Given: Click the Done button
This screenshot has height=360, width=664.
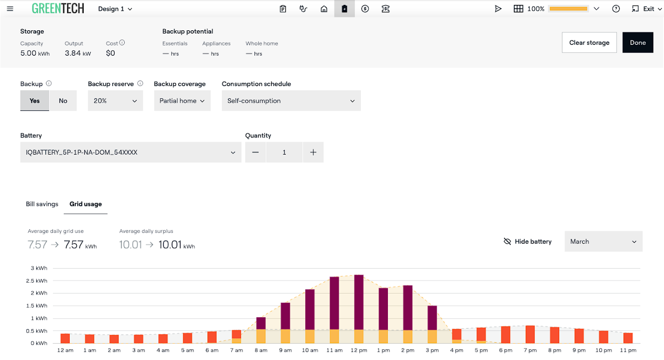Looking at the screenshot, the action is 638,42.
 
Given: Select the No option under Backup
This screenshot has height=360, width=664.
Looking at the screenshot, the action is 63,101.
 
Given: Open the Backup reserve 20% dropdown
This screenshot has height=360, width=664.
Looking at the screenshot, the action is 115,101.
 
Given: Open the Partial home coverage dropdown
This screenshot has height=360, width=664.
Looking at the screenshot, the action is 182,101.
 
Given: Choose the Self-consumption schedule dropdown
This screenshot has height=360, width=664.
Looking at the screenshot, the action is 291,101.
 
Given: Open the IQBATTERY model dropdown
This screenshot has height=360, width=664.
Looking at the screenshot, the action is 131,152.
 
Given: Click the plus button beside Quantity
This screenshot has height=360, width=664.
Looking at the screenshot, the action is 313,152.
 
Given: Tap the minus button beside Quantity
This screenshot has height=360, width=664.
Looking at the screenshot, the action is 255,152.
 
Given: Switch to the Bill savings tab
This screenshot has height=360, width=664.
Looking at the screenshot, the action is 42,204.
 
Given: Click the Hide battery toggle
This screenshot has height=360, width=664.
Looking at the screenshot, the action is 528,242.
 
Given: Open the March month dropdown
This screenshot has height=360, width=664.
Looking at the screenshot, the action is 603,242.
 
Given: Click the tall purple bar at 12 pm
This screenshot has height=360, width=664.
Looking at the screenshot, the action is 359,302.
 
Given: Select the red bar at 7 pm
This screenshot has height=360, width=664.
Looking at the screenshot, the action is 530,334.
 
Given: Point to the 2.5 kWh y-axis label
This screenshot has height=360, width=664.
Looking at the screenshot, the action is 36,281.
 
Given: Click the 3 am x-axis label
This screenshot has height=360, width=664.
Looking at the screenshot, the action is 138,350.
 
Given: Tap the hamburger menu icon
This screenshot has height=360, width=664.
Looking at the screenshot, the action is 10,9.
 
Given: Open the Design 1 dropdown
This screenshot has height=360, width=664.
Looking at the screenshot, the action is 115,9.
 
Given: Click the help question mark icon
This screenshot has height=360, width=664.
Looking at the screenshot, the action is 616,9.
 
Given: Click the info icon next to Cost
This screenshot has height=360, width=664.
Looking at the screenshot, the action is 122,43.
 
